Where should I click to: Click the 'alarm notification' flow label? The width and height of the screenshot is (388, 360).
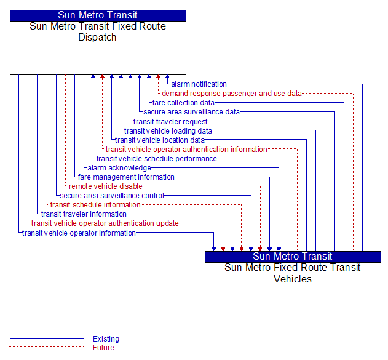199,84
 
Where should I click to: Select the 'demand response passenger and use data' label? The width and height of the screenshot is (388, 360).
232,94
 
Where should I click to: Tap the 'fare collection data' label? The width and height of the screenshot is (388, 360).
183,103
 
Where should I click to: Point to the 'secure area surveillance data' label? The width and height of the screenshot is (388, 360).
191,112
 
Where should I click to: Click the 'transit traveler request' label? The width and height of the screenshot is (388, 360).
170,122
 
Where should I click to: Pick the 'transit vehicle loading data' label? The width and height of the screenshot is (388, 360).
168,130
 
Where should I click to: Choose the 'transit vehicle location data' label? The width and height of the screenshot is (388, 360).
160,140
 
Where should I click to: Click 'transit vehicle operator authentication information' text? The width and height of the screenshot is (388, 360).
186,150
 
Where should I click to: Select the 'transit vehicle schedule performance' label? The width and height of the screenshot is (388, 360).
157,158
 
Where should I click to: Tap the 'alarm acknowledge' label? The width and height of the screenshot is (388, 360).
119,168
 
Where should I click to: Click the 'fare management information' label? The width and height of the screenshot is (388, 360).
126,177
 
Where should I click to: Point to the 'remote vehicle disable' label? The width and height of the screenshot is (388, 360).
106,186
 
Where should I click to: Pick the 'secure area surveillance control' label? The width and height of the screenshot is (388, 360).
112,196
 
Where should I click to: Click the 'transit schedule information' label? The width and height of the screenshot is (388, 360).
95,205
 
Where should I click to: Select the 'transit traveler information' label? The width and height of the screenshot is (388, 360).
84,214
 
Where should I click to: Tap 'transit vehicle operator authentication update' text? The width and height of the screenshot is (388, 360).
105,223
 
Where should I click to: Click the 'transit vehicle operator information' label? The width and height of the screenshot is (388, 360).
79,233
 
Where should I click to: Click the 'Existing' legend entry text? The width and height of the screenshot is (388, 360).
106,338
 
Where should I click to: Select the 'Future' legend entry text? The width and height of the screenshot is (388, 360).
103,347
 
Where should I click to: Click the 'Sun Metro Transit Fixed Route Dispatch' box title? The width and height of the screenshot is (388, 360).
98,31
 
